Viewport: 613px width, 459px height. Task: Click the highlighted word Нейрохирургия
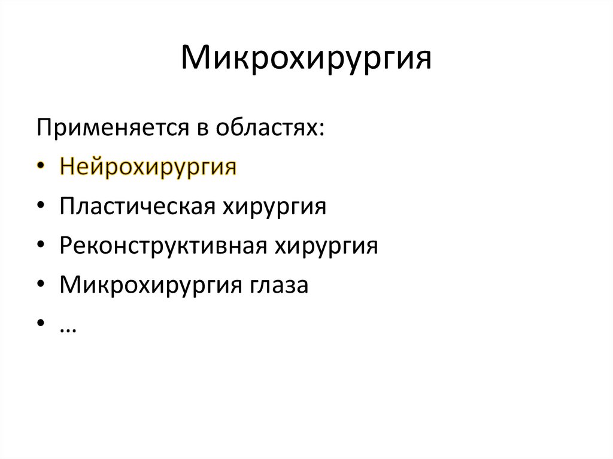coord(148,168)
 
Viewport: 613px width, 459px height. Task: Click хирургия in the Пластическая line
coord(275,208)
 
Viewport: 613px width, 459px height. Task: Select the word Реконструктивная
coord(163,247)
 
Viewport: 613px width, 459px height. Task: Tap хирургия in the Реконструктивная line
coord(326,247)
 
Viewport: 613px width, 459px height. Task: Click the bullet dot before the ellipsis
coord(40,325)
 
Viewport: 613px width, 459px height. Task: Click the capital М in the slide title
coord(195,59)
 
